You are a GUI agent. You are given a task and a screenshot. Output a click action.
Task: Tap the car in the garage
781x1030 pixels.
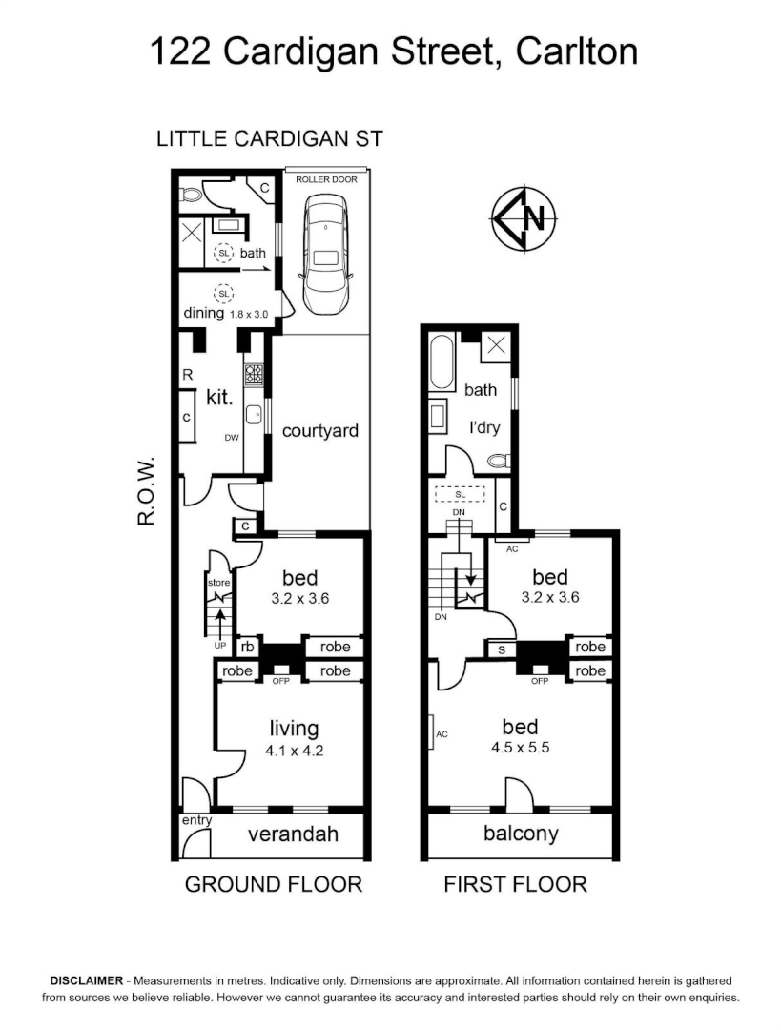(325, 257)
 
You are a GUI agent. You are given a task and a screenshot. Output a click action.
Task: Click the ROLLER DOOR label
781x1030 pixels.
(326, 179)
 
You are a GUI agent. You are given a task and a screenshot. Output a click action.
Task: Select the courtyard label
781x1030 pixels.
(319, 431)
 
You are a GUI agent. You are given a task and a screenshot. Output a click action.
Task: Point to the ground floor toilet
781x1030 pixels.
(192, 196)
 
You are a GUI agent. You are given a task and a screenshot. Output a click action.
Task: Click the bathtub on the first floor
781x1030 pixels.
(441, 362)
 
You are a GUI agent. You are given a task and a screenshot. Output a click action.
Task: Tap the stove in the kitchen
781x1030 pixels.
(254, 375)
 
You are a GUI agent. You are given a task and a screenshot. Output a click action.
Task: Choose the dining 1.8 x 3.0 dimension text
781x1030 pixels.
(248, 315)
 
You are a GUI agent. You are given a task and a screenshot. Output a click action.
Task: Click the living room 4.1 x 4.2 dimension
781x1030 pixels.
(295, 751)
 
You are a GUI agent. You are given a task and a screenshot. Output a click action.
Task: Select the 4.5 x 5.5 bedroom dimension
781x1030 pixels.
(521, 748)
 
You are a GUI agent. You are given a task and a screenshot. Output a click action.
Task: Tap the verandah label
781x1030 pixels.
(293, 834)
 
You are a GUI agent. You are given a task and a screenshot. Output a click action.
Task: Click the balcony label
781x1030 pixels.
(521, 834)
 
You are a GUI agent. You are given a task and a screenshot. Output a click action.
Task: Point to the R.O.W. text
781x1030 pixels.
(146, 490)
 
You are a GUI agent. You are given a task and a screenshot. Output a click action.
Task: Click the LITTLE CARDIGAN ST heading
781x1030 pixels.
(269, 139)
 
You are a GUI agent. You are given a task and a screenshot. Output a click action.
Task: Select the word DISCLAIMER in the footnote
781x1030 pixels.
(87, 980)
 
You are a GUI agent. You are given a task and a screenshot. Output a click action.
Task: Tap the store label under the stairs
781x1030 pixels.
(218, 583)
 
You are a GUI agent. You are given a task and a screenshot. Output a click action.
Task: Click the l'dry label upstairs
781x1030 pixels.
(484, 427)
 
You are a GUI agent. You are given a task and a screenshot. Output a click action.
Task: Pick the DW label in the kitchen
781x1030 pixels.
(232, 438)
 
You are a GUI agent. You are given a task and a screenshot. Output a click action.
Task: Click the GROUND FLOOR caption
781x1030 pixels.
(274, 884)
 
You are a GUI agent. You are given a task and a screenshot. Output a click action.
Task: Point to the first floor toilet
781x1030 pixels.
(499, 461)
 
